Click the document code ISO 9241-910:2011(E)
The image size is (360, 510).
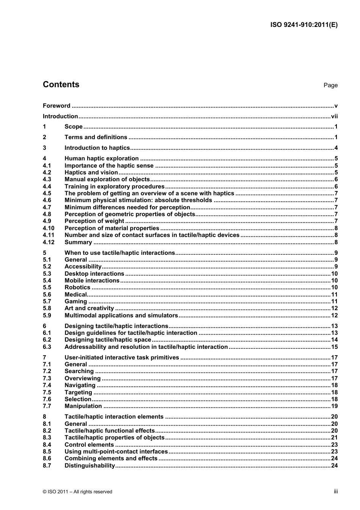tap(304, 25)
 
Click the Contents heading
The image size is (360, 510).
tap(61, 85)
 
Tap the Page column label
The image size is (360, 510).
tap(330, 85)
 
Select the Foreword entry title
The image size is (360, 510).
tap(56, 106)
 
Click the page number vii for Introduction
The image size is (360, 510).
tap(334, 116)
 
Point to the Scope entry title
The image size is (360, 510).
tap(74, 127)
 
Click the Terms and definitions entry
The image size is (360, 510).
tap(96, 137)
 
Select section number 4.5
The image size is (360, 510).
tap(47, 193)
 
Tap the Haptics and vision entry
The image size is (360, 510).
tap(91, 173)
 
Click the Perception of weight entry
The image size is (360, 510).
tap(94, 221)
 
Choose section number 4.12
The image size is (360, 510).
tap(49, 242)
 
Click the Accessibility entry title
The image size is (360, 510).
tap(83, 267)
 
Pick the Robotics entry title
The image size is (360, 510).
tap(77, 287)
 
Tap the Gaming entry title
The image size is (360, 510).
tap(76, 301)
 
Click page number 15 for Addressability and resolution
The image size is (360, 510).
tap(334, 347)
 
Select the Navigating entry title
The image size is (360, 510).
tap(80, 385)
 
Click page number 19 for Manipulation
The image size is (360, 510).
tap(334, 406)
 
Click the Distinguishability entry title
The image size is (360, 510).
tap(90, 466)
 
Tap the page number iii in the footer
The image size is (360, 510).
tap(335, 491)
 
